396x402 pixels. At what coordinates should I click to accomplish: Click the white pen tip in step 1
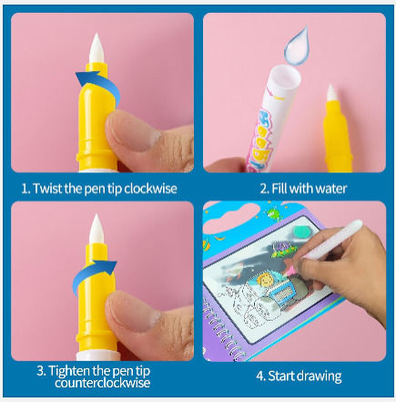96,48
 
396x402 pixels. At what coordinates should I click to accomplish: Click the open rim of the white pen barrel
285,79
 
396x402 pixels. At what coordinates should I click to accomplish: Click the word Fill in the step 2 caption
279,189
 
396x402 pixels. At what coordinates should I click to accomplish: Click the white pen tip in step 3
96,229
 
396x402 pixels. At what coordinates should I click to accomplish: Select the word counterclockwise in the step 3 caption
103,383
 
